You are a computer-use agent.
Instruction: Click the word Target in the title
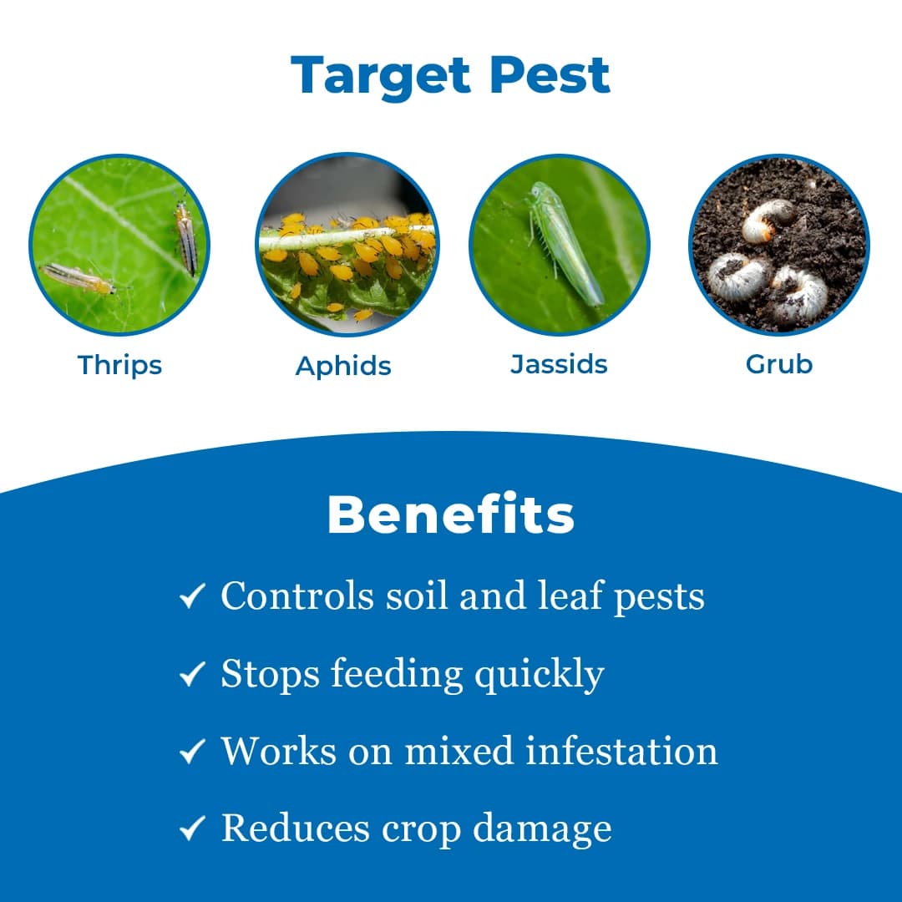coord(381,76)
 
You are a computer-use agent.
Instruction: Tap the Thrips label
coord(119,365)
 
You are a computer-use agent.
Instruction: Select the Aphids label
coord(343,366)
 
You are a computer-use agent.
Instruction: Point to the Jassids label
coord(559,364)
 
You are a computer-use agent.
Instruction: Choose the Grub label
coord(778,364)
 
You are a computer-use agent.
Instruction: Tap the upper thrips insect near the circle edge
coord(185,237)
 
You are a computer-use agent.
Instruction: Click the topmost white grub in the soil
coord(768,220)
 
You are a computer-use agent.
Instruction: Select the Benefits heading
coord(450,515)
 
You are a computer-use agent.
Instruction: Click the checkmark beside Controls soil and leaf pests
coord(192,597)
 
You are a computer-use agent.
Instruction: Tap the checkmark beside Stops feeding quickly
coord(192,675)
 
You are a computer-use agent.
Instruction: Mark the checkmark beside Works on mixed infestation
coord(192,753)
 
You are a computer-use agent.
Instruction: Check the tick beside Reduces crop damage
coord(192,829)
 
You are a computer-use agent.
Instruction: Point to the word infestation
coord(621,751)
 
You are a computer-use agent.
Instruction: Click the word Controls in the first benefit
coord(296,596)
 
